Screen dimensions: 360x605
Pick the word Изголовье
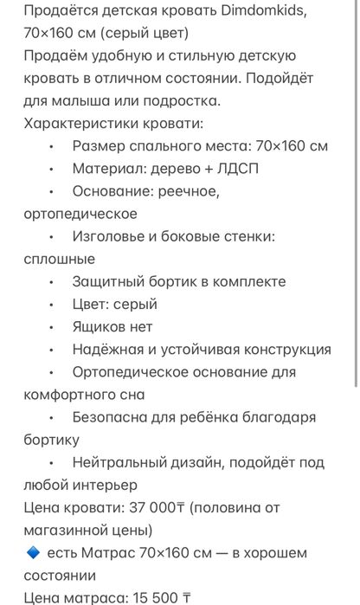point(112,236)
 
